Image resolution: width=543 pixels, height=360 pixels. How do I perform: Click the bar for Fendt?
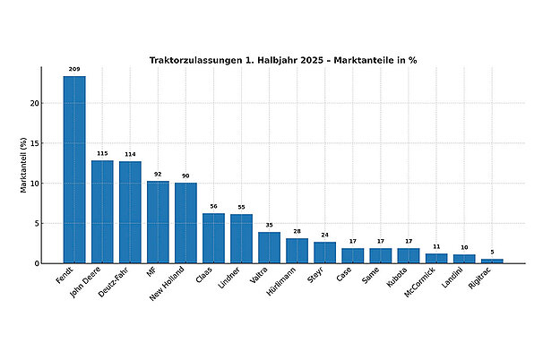[74, 170]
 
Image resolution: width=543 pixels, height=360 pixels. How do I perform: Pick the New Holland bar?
[185, 223]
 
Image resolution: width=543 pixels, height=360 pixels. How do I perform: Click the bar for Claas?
[213, 238]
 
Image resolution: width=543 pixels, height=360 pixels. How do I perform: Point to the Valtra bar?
[269, 248]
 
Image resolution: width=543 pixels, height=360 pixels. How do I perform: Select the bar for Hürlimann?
[297, 251]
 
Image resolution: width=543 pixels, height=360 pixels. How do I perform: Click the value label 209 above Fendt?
[74, 69]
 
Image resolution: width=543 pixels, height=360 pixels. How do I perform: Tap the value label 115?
[102, 153]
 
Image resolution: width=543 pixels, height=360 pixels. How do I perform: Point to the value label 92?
[158, 174]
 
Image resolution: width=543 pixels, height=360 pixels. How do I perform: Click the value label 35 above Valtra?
[269, 225]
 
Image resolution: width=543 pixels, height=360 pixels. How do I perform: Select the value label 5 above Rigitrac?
[492, 252]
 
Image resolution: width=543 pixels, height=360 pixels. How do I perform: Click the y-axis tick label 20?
[33, 104]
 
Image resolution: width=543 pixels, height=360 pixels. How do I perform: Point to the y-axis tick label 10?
[33, 184]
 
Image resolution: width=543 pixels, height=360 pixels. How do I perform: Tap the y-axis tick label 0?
[36, 263]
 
